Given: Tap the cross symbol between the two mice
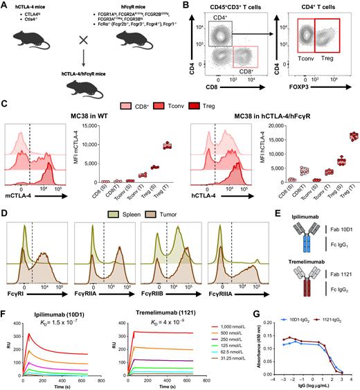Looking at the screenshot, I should click(75, 53).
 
